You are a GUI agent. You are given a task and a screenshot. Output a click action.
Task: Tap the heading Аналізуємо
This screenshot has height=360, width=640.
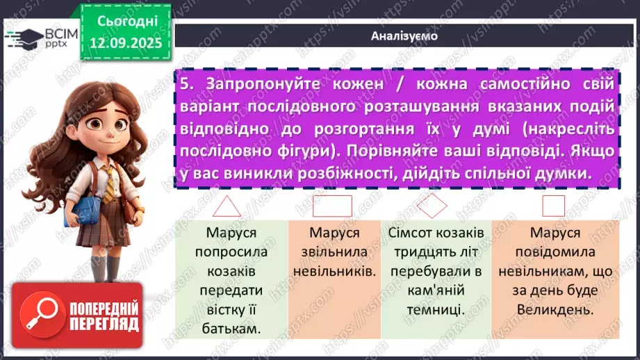click(404, 36)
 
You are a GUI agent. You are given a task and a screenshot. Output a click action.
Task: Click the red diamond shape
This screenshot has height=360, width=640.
click(434, 205)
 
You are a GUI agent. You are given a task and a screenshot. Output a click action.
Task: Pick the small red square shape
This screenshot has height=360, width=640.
click(553, 205)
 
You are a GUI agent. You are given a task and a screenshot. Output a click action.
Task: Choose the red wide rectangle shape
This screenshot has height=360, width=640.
click(332, 206)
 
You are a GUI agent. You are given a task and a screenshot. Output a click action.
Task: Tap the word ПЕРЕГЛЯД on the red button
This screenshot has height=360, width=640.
click(105, 324)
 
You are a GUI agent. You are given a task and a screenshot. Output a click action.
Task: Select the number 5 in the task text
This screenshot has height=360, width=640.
click(185, 83)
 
